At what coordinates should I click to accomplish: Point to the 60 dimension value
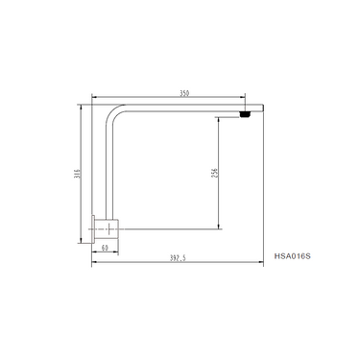click(x=105, y=247)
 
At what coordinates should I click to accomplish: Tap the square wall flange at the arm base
click(x=105, y=229)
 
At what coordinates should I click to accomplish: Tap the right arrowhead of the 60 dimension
click(x=114, y=252)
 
